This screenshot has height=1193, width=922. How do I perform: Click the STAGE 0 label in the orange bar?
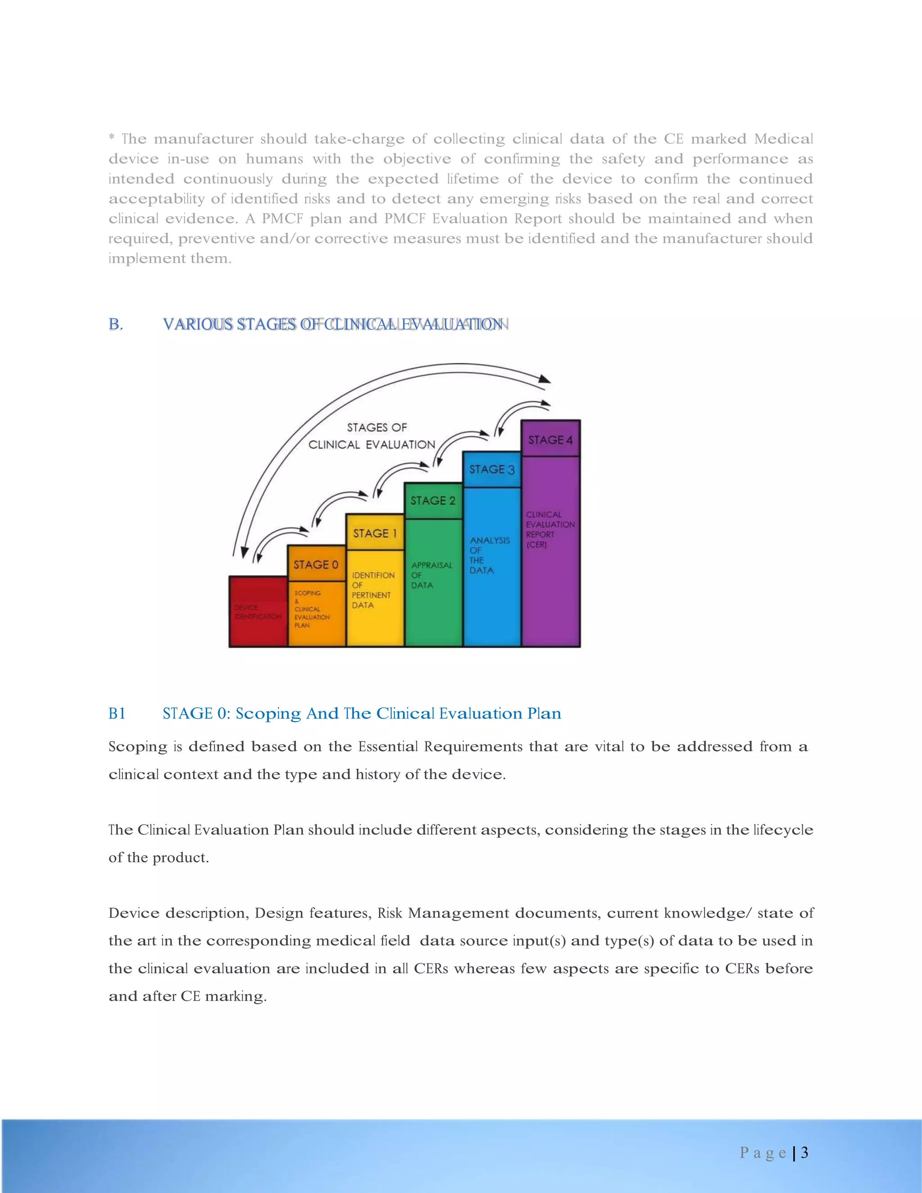point(316,564)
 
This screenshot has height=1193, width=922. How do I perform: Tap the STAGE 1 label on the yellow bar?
point(375,533)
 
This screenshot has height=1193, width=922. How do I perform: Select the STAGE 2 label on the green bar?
point(433,500)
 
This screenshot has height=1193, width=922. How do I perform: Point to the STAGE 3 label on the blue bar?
point(492,469)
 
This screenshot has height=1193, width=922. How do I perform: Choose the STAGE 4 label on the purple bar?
point(550,440)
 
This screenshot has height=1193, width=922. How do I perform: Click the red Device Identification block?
point(258,612)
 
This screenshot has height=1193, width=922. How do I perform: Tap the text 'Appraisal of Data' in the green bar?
point(431,574)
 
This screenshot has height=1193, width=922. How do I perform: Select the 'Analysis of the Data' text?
point(489,555)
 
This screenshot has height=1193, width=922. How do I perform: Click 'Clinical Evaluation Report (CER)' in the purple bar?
point(550,529)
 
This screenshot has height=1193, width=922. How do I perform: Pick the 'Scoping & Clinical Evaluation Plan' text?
point(312,609)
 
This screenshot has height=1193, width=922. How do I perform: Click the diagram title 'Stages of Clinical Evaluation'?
point(372,436)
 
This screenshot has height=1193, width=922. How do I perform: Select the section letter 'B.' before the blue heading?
point(116,325)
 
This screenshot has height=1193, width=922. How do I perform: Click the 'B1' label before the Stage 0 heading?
point(117,714)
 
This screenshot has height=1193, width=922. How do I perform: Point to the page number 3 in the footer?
point(804,1152)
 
